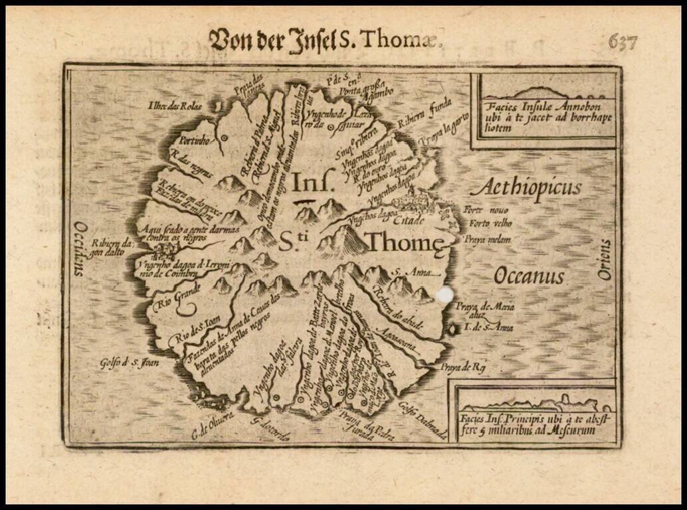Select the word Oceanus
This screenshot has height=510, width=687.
(529, 275)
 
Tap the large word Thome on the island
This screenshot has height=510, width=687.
(405, 243)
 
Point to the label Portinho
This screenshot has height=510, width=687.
(192, 141)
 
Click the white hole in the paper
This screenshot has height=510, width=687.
(444, 295)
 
